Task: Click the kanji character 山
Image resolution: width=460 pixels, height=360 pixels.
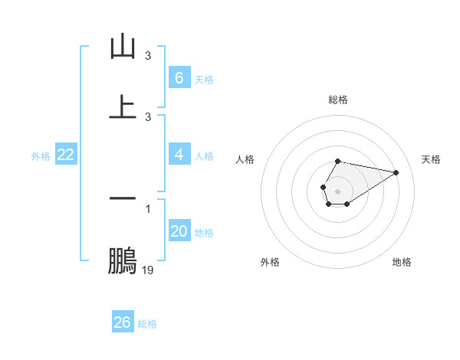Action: (x=123, y=47)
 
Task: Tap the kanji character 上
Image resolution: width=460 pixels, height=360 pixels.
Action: (x=123, y=107)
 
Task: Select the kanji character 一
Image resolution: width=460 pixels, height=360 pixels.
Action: (x=123, y=198)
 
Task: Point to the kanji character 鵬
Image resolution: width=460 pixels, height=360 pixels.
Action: (x=123, y=261)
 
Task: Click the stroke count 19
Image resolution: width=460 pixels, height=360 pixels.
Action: (x=148, y=270)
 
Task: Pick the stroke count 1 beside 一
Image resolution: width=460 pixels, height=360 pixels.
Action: (x=148, y=208)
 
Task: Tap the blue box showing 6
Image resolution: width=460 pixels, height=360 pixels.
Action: (x=179, y=78)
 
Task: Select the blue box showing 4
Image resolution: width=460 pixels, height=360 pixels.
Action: (x=179, y=155)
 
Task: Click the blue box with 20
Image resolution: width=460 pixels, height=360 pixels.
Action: (x=179, y=231)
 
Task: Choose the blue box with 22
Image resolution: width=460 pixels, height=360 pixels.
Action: (x=66, y=155)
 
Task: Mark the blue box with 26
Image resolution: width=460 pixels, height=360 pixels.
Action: (x=123, y=322)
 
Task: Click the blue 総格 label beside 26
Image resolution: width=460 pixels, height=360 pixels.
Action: (x=147, y=324)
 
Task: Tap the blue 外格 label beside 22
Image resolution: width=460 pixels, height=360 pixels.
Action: (x=41, y=156)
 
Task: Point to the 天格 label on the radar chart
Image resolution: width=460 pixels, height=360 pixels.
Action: (x=432, y=159)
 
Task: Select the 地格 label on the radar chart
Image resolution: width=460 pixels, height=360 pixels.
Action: (x=402, y=262)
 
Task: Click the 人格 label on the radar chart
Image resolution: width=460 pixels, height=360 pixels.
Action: (x=245, y=159)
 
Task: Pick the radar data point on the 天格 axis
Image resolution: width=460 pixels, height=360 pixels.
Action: (x=396, y=172)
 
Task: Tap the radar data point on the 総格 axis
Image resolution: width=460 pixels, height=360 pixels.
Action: (x=337, y=161)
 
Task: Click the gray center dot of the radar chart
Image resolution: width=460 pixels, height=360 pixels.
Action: (x=337, y=190)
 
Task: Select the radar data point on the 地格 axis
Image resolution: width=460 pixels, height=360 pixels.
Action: (x=347, y=204)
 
